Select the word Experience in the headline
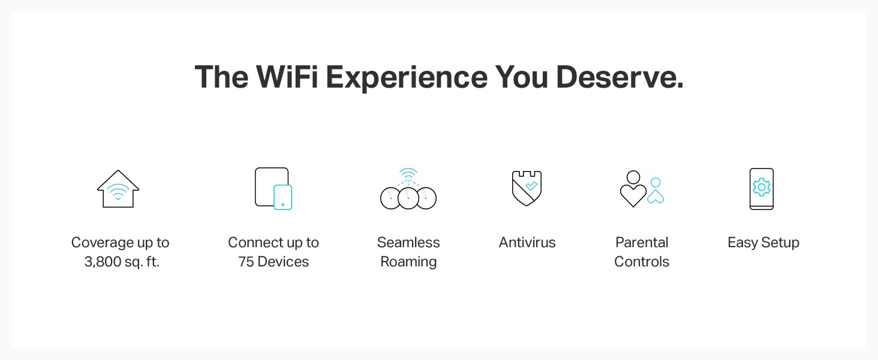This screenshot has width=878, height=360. coord(407,77)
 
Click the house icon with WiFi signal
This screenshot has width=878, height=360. coord(118,188)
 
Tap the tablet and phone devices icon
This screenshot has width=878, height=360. coord(273,188)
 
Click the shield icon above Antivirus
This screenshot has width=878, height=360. coord(527,188)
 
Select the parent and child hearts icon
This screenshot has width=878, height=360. coord(642,188)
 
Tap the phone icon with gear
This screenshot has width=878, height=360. coord(762,188)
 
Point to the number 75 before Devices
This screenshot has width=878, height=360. coord(246,262)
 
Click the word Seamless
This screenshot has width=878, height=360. coord(408,243)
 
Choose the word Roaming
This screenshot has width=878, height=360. coord(408,262)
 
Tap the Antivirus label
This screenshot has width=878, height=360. coord(527,243)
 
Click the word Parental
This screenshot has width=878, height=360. coord(642,243)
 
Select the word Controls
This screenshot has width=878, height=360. coord(642,262)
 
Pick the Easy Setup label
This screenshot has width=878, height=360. coord(763,243)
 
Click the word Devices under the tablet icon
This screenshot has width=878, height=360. coord(283,262)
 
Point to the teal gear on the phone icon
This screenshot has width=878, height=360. coord(762,187)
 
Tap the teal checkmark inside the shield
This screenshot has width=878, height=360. coord(531,186)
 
